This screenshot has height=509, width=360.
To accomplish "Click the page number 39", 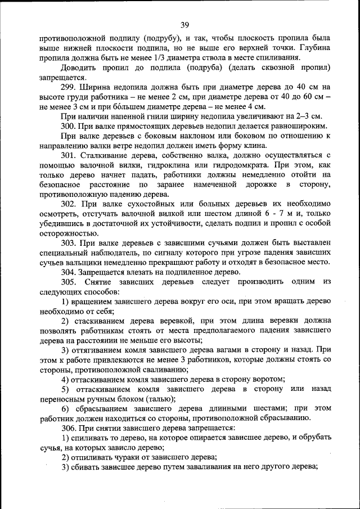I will (x=184, y=24).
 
